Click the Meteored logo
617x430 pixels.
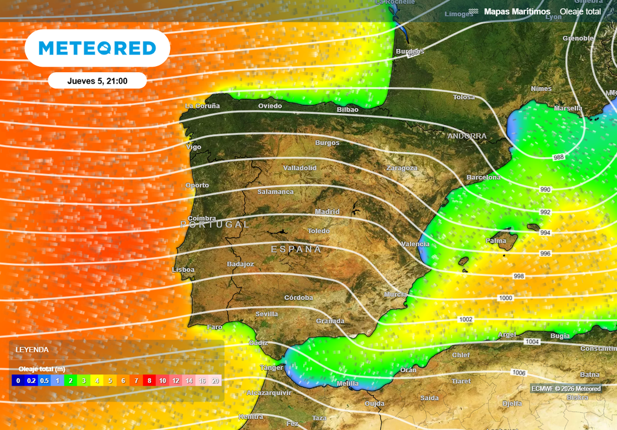pyautogui.click(x=97, y=48)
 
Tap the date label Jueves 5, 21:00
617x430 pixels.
pyautogui.click(x=97, y=81)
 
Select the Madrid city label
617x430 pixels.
pyautogui.click(x=327, y=212)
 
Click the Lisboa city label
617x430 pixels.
pyautogui.click(x=183, y=270)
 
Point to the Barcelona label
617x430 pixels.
pyautogui.click(x=483, y=178)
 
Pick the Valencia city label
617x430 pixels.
pyautogui.click(x=415, y=244)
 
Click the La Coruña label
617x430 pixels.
pyautogui.click(x=202, y=106)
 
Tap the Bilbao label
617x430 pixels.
pyautogui.click(x=348, y=110)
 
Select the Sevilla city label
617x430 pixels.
pyautogui.click(x=267, y=314)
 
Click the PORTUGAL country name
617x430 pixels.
pyautogui.click(x=215, y=224)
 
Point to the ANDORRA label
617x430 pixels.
pyautogui.click(x=467, y=136)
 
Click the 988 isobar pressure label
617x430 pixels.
pyautogui.click(x=559, y=157)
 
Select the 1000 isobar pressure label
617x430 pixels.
pyautogui.click(x=506, y=299)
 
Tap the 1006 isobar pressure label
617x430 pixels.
pyautogui.click(x=519, y=372)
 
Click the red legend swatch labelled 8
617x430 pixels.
pyautogui.click(x=149, y=381)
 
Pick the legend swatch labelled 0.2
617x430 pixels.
pyautogui.click(x=31, y=381)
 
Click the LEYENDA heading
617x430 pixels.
pyautogui.click(x=32, y=349)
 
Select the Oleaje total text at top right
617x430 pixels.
pyautogui.click(x=580, y=11)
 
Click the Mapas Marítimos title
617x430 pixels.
pyautogui.click(x=517, y=11)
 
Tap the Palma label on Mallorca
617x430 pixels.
pyautogui.click(x=496, y=241)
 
